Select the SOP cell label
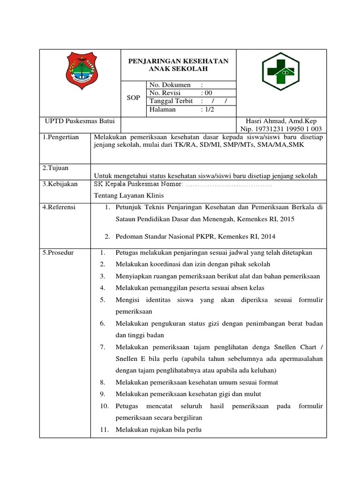tap(134, 97)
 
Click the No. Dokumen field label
tap(170, 85)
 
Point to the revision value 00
tap(207, 93)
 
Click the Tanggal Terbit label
tap(171, 101)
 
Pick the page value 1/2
tap(208, 110)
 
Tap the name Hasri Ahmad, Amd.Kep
tap(280, 121)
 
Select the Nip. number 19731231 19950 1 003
tap(281, 129)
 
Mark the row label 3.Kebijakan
tap(60, 184)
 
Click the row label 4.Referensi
tap(59, 207)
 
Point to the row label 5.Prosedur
tap(58, 253)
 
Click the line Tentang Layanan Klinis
tap(129, 195)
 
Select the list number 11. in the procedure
tap(104, 429)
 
